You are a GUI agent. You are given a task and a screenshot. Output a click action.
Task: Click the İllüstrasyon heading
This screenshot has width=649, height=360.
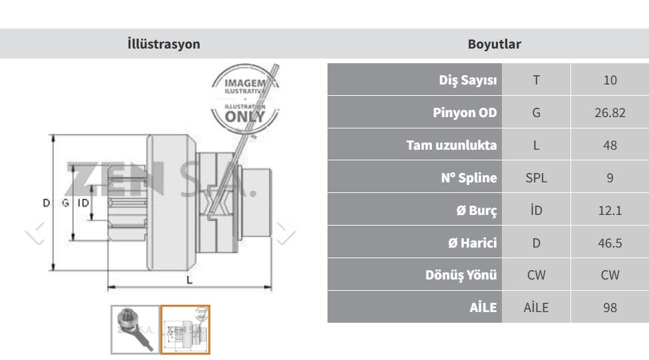pos(164,44)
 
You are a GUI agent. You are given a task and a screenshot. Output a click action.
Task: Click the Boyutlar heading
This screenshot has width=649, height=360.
pos(494,44)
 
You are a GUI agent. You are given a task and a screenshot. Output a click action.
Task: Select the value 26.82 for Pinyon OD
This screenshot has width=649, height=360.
pos(610,112)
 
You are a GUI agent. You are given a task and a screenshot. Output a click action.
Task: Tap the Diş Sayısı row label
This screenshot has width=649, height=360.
pos(468,79)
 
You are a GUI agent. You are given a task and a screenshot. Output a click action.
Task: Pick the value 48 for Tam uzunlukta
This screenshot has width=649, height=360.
pos(610,145)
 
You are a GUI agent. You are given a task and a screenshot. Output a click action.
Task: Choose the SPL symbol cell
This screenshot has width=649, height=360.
pos(536,178)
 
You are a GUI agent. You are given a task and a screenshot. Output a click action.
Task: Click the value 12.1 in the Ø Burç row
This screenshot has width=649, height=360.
pos(610,210)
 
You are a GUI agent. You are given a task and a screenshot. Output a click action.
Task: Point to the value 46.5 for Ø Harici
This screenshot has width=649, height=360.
pos(610,243)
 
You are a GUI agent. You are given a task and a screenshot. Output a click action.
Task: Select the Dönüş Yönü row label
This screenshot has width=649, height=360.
pos(461,275)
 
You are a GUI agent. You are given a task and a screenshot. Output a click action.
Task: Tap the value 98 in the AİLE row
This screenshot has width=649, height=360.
pos(610,307)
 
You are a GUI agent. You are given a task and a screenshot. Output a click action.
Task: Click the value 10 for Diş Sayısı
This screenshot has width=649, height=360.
pos(610,80)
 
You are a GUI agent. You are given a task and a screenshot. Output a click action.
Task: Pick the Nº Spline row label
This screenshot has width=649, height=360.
pos(469,178)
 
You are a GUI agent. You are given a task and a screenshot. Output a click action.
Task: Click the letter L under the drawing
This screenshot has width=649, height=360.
pos(190,280)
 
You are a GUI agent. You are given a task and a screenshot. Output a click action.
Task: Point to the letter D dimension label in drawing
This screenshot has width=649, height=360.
pos(47,203)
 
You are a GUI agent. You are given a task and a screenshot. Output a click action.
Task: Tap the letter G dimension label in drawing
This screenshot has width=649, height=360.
pos(65,203)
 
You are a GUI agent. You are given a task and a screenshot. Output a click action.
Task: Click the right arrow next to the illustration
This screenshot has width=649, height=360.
pos(285,232)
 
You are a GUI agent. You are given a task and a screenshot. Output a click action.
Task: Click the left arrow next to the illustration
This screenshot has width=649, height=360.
pos(35,232)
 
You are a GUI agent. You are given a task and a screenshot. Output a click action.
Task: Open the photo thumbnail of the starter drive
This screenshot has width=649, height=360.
pos(135,330)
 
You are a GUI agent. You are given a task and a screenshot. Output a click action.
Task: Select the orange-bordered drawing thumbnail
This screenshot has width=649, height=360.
pos(185,330)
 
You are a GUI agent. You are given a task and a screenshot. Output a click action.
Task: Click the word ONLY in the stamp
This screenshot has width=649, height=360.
pos(244,117)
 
